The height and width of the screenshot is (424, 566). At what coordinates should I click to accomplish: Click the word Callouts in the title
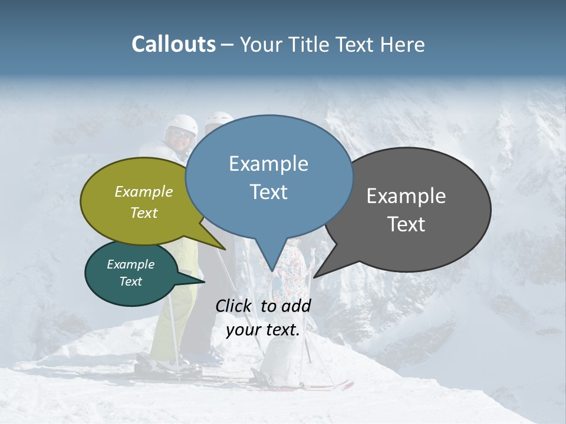(x=173, y=44)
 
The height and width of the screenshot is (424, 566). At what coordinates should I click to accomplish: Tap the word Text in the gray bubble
(x=406, y=224)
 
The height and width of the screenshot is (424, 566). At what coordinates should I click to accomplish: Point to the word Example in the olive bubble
(x=143, y=191)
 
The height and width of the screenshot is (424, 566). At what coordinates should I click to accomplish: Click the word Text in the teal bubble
(x=130, y=281)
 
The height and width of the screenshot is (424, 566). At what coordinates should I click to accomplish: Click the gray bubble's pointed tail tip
(x=314, y=277)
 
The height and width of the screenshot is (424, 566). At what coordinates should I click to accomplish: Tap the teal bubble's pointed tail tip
(x=205, y=281)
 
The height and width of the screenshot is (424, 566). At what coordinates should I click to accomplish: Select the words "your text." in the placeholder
(x=263, y=330)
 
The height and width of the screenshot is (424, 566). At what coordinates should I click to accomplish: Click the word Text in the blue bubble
(x=268, y=192)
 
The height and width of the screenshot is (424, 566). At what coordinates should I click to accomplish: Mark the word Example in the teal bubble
(x=130, y=264)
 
